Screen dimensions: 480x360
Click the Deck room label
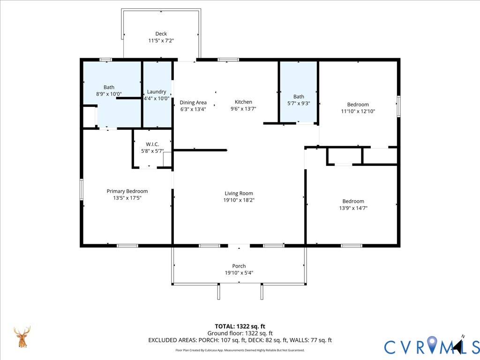161,34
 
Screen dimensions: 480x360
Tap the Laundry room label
157,91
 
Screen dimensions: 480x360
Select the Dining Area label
193,103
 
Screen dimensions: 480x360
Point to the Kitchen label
243,102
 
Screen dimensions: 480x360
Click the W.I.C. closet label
152,144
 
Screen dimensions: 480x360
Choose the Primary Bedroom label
127,191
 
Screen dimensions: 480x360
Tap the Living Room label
239,194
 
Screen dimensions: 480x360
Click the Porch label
239,266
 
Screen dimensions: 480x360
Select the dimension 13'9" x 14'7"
353,208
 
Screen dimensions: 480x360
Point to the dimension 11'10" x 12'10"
358,112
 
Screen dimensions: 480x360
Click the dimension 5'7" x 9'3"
299,104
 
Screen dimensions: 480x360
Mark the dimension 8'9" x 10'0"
109,94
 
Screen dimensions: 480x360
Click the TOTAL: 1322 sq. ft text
240,326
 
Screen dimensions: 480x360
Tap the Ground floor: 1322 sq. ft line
240,333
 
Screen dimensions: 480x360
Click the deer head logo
22,337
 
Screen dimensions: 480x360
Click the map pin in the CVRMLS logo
432,344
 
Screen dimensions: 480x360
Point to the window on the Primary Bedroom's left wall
82,189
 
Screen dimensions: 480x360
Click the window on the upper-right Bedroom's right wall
398,106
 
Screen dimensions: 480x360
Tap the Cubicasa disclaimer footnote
240,350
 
